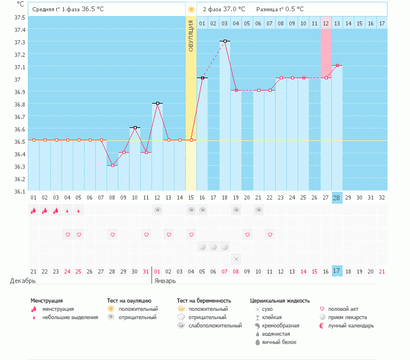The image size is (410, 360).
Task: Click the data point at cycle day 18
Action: [225, 41]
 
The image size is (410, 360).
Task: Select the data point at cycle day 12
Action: [157, 103]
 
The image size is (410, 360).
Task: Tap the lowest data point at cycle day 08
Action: [112, 165]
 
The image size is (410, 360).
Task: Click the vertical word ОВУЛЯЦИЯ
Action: [191, 36]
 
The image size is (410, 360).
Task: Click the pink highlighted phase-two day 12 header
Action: [325, 23]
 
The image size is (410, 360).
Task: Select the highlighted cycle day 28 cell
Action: [337, 197]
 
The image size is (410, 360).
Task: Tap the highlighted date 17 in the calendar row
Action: [337, 271]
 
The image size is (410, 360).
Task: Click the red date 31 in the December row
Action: [146, 271]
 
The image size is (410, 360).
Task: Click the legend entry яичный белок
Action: [276, 342]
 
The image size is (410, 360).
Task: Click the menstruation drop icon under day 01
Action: [33, 210]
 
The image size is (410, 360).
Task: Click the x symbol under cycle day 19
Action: [235, 259]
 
